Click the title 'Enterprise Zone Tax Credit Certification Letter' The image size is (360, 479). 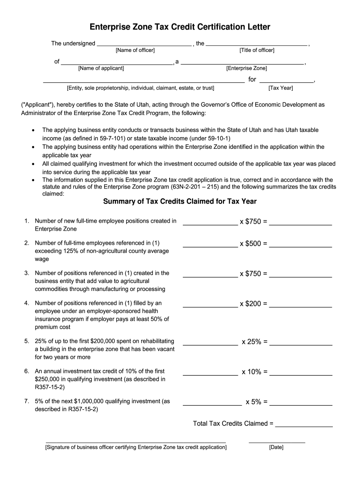180,27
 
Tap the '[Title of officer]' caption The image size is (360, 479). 257,51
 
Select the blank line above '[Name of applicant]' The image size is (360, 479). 117,63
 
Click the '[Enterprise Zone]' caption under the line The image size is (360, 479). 246,68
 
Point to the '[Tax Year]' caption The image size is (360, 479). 281,87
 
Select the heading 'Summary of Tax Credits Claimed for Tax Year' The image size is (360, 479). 180,202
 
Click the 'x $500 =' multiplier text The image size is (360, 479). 253,244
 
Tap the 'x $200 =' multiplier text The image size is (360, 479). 253,304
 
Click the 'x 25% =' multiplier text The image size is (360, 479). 254,342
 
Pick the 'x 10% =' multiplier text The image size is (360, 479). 254,372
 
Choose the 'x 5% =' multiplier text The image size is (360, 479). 256,402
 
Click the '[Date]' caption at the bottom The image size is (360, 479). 276,448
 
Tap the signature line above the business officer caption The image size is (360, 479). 136,441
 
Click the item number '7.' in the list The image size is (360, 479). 27,401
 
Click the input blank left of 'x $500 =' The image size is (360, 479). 210,246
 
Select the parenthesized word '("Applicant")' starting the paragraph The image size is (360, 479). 38,105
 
